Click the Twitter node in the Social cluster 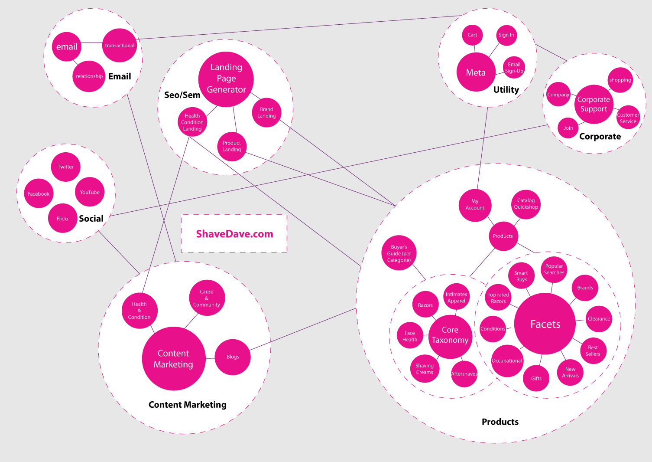pyautogui.click(x=66, y=167)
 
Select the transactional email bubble pyautogui.click(x=120, y=46)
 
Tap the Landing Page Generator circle pyautogui.click(x=226, y=79)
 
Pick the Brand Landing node pyautogui.click(x=266, y=113)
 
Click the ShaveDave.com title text pyautogui.click(x=234, y=234)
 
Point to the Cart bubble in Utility pyautogui.click(x=472, y=35)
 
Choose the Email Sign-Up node pyautogui.click(x=514, y=68)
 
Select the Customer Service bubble pyautogui.click(x=628, y=118)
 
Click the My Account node pyautogui.click(x=475, y=205)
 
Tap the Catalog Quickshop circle pyautogui.click(x=526, y=204)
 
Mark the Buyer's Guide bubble pyautogui.click(x=399, y=253)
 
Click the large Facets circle pyautogui.click(x=545, y=324)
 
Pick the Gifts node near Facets pyautogui.click(x=536, y=378)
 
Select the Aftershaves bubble pyautogui.click(x=464, y=374)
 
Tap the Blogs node pyautogui.click(x=233, y=357)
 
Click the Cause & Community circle pyautogui.click(x=207, y=298)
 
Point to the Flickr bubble pyautogui.click(x=63, y=219)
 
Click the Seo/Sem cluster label pyautogui.click(x=182, y=95)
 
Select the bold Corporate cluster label pyautogui.click(x=600, y=137)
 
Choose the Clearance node pyautogui.click(x=599, y=319)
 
